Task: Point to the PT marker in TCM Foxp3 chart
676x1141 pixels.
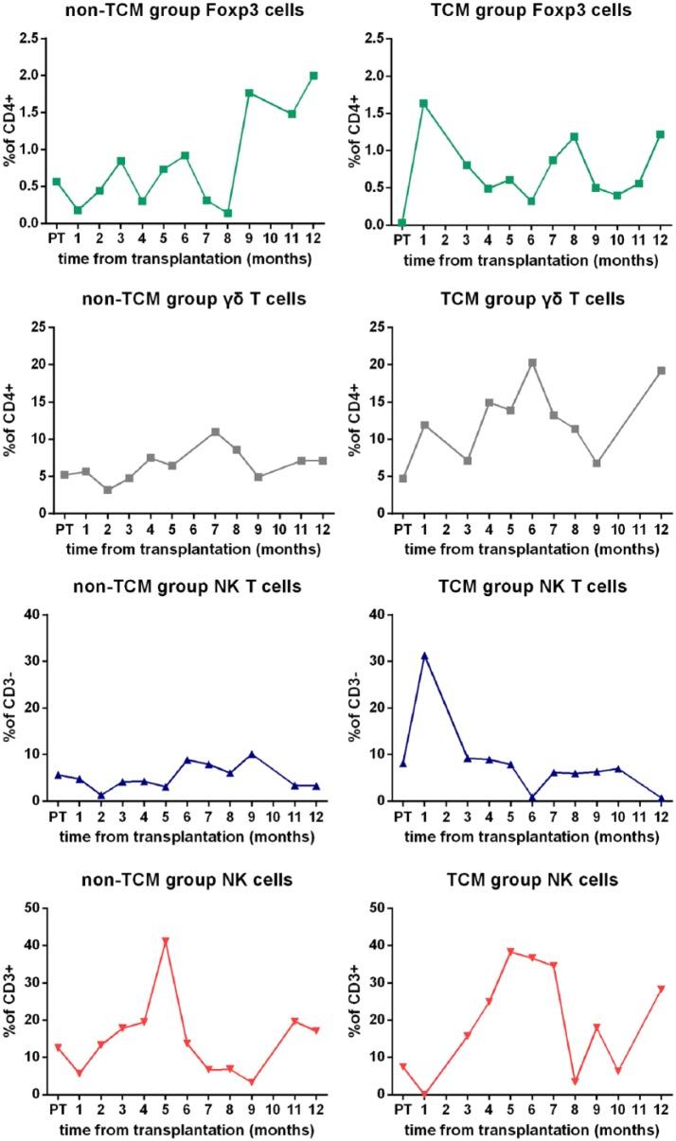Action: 402,222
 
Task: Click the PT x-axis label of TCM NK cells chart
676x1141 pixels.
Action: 402,1109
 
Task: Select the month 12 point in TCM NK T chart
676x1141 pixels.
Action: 661,799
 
